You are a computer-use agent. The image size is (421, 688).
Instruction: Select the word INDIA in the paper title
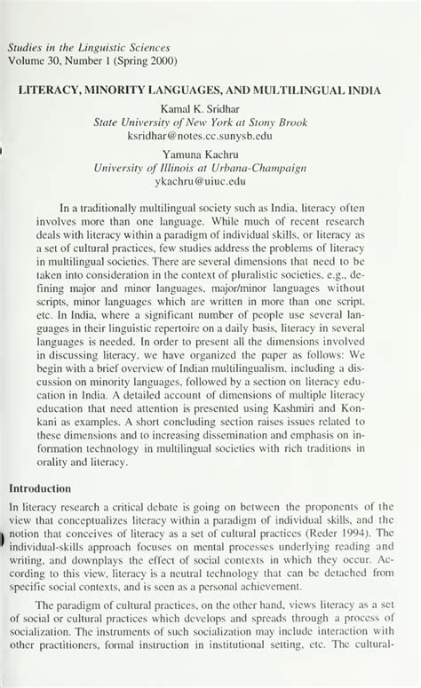point(356,91)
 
